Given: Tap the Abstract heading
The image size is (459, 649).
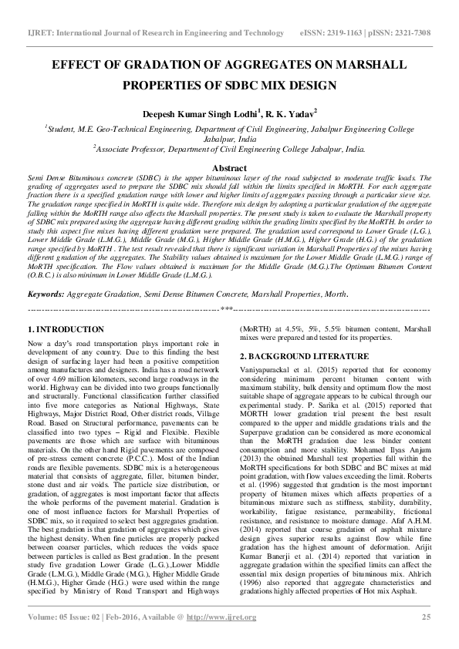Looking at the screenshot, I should click(x=229, y=167).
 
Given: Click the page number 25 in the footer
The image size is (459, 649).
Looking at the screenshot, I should click(x=425, y=637).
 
